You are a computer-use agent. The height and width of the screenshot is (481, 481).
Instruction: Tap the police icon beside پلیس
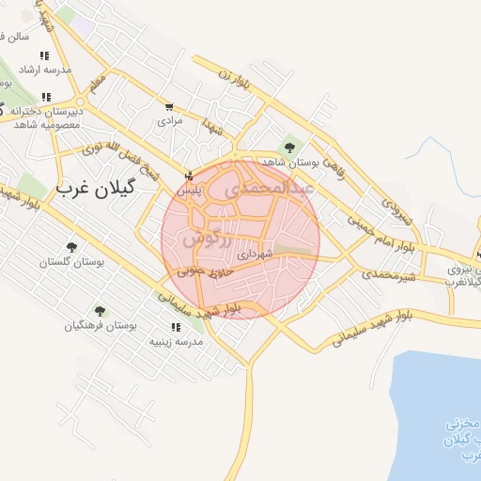pos(189,176)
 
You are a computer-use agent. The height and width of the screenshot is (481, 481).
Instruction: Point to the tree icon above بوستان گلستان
pos(70,247)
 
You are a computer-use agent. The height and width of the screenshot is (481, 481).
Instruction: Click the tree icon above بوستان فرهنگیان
pos(101,311)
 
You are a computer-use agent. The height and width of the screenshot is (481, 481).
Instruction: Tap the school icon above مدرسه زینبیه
pos(176,327)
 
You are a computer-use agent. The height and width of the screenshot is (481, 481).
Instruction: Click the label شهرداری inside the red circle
pos(255,254)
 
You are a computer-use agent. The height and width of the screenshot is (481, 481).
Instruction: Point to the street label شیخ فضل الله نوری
pos(117,155)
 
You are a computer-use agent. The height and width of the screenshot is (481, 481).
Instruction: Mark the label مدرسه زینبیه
pos(176,341)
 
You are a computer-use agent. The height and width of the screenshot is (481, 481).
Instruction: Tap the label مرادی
pos(169,120)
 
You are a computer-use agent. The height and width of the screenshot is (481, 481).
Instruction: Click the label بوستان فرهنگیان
pos(101,326)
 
